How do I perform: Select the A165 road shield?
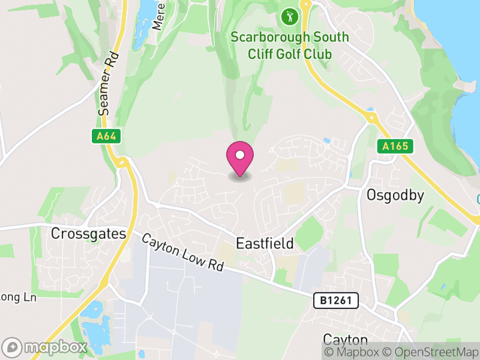tap(395, 146)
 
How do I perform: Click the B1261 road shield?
tap(335, 300)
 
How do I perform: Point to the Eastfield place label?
tap(265, 244)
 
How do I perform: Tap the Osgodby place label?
tap(395, 195)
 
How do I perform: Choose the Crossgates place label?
tap(89, 233)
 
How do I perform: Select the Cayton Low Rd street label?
tap(182, 252)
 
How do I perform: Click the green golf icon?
tap(290, 16)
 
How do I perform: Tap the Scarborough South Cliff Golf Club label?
tap(290, 46)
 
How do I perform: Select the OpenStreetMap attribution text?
tap(433, 352)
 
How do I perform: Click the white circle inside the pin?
tap(240, 155)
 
